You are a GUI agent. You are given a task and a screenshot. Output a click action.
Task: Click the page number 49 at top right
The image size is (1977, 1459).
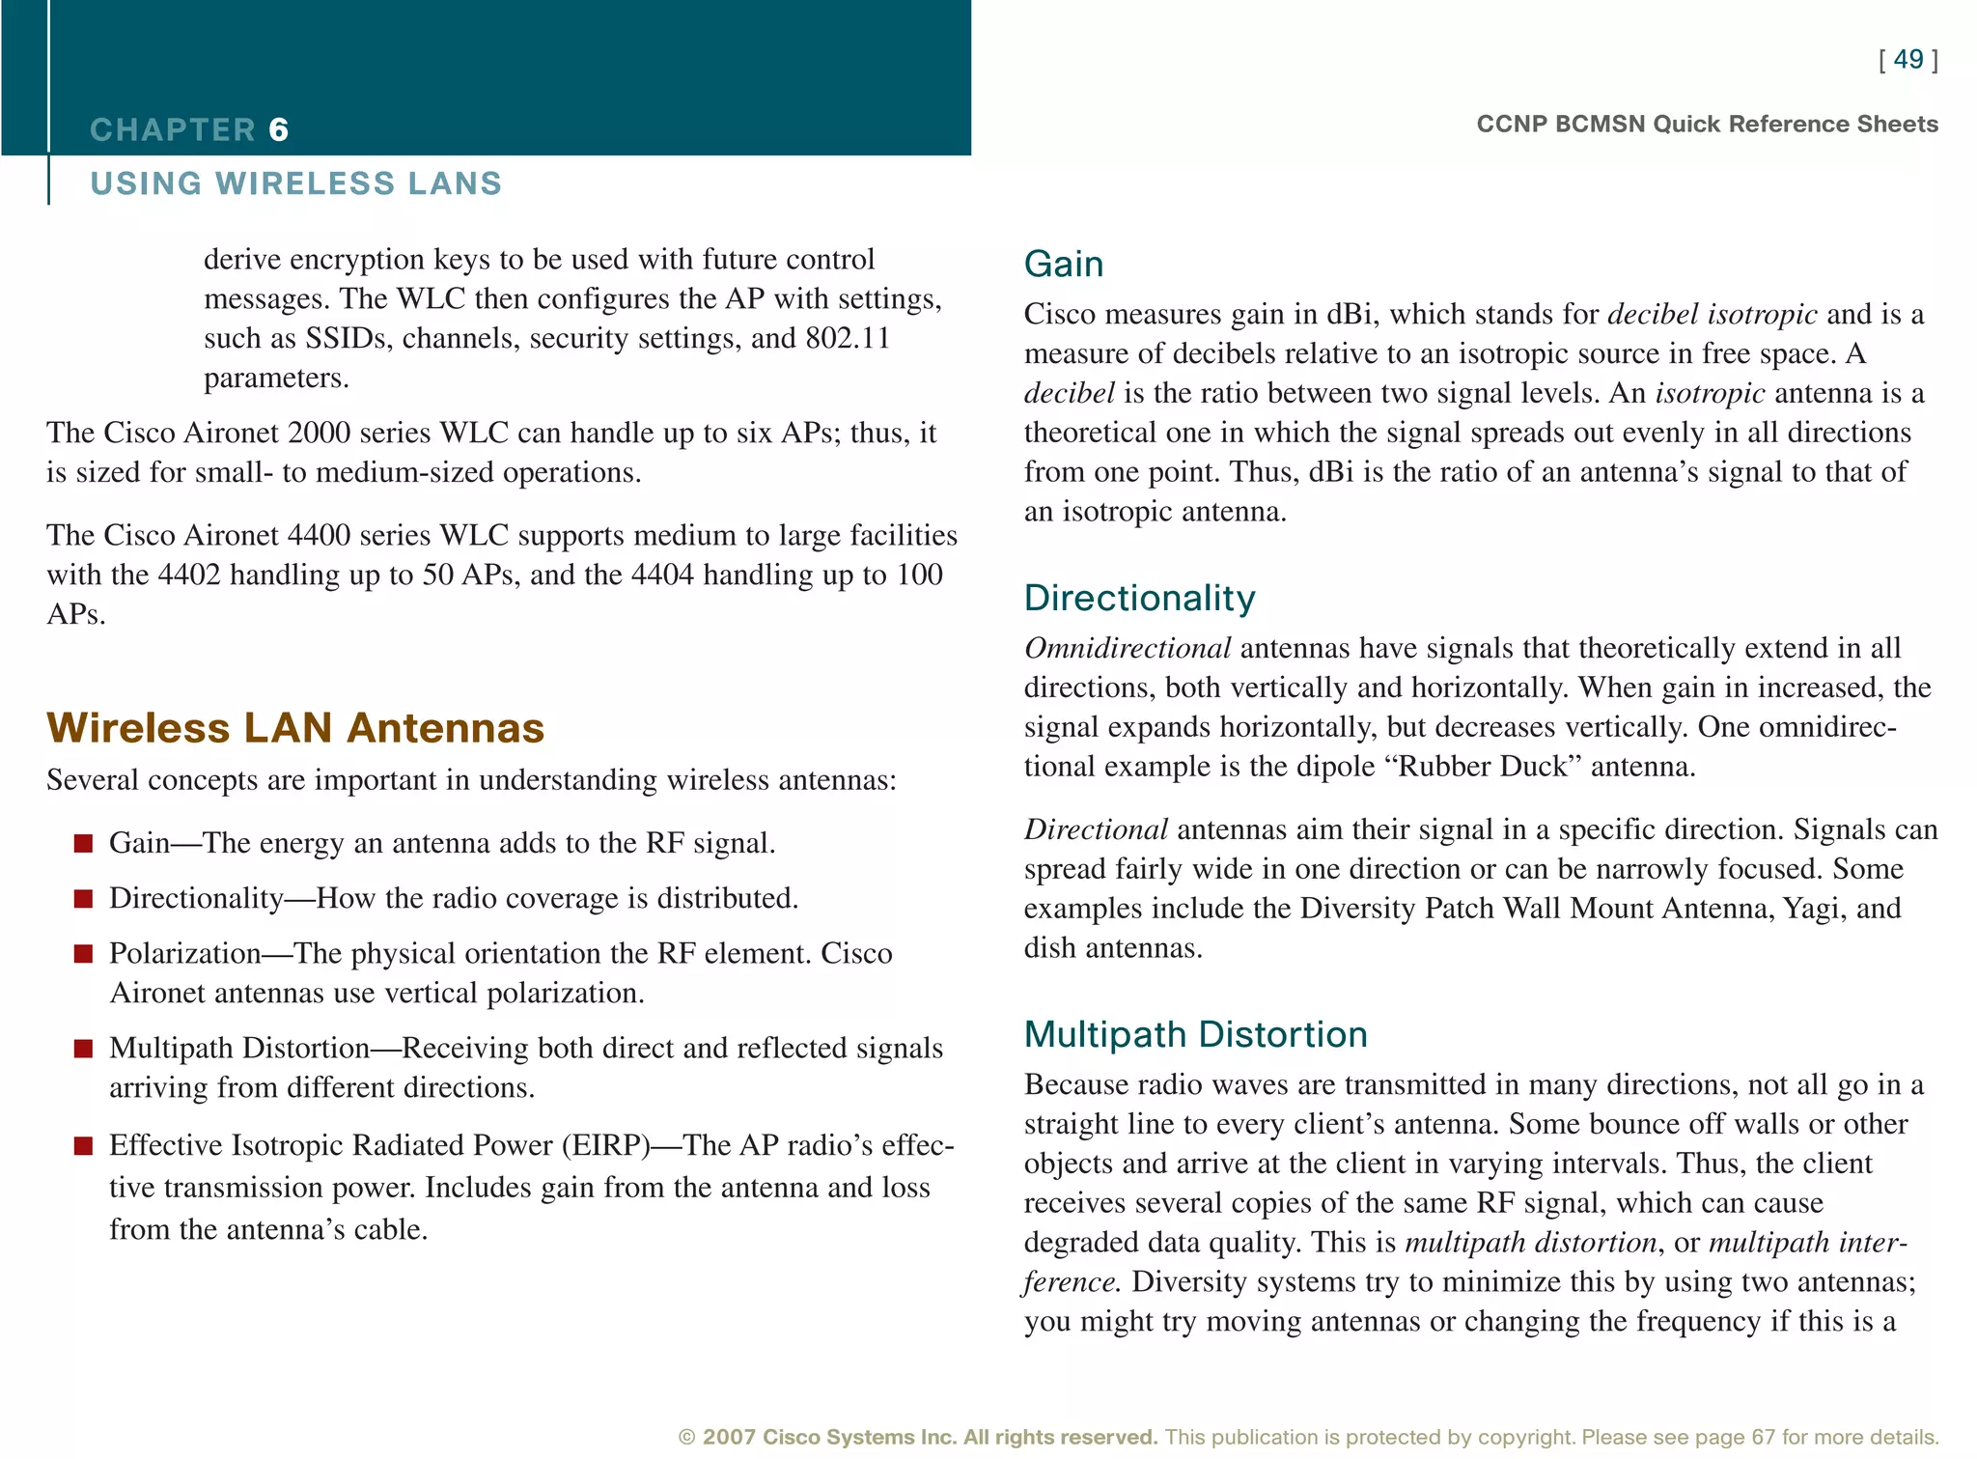tap(1908, 59)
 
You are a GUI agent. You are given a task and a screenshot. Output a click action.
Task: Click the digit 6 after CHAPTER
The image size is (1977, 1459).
tap(278, 129)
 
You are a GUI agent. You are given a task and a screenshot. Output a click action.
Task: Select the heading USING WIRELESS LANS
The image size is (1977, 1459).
tap(295, 182)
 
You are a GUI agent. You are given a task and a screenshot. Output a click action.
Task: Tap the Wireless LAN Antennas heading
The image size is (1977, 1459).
tap(295, 728)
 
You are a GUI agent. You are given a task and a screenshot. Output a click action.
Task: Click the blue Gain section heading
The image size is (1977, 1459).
tap(1063, 264)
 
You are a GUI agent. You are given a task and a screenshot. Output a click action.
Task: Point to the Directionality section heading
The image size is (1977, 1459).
tap(1139, 598)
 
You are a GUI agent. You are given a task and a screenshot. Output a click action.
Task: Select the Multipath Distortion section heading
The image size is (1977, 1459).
tap(1195, 1034)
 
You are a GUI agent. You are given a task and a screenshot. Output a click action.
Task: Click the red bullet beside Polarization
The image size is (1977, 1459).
tap(84, 954)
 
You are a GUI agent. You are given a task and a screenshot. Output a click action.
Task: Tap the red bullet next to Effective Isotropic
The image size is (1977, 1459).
tap(84, 1146)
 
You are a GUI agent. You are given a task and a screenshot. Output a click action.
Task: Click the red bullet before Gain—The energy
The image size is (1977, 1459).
tap(84, 844)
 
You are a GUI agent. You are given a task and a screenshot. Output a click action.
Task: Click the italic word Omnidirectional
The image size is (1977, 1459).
tap(1127, 647)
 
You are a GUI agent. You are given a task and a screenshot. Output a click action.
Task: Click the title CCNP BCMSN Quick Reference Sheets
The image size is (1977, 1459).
tap(1707, 124)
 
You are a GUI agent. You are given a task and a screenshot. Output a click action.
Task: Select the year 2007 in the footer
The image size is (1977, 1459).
tap(729, 1437)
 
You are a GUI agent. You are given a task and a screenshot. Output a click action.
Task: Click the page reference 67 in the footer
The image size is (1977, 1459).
tap(1763, 1437)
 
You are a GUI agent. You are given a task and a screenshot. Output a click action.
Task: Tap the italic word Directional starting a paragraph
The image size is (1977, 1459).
tap(1096, 828)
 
